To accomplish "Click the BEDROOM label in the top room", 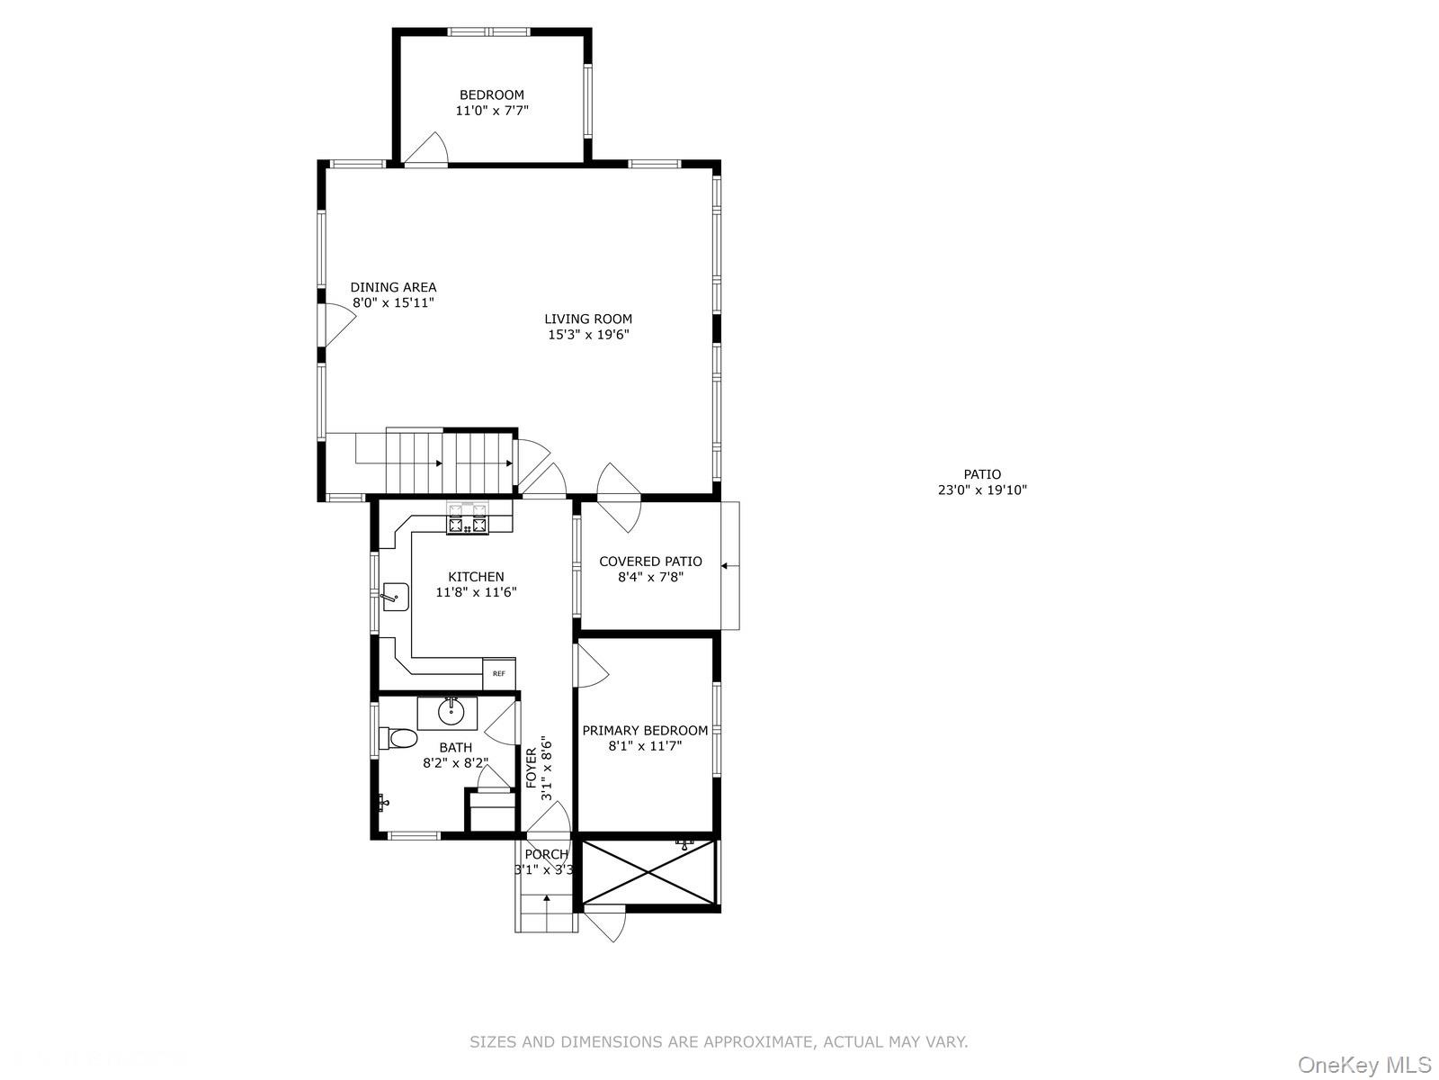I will click(491, 94).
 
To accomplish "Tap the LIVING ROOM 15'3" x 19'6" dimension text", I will click(588, 335).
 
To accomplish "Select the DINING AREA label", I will click(393, 287).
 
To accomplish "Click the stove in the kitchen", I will click(468, 519).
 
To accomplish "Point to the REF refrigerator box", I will click(499, 674).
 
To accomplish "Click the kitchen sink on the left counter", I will click(395, 596).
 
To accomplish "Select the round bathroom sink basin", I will click(451, 712).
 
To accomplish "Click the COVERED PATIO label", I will click(650, 562).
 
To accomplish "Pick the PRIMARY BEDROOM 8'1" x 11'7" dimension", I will click(645, 746).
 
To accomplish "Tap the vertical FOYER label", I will click(532, 768).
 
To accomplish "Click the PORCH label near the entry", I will click(546, 854).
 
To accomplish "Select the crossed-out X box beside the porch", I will click(649, 871).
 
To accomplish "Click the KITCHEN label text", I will click(476, 577).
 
